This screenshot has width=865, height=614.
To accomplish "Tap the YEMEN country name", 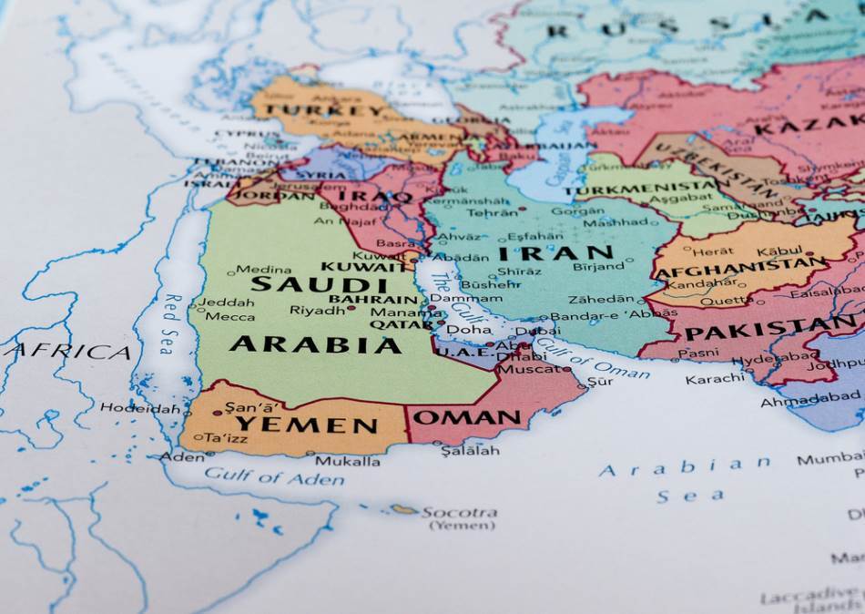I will coord(306,425).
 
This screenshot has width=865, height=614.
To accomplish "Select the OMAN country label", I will coord(468,418).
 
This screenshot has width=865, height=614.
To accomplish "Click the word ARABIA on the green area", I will coord(315,344).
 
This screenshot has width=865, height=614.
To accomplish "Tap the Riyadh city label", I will coord(318,310).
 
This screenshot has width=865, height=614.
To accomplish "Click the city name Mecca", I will coord(229,316).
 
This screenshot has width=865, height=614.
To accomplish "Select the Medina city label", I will coord(264,269).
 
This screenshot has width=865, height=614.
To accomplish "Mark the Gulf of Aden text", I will coord(274,476).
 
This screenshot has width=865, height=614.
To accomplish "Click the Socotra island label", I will coord(459,513).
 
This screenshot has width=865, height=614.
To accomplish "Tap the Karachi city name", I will coord(716,378).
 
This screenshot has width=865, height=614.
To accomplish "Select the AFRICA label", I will coord(71,352).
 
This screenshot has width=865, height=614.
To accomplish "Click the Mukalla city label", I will coord(347,461).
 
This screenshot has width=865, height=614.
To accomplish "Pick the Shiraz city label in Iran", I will coord(519,271).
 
